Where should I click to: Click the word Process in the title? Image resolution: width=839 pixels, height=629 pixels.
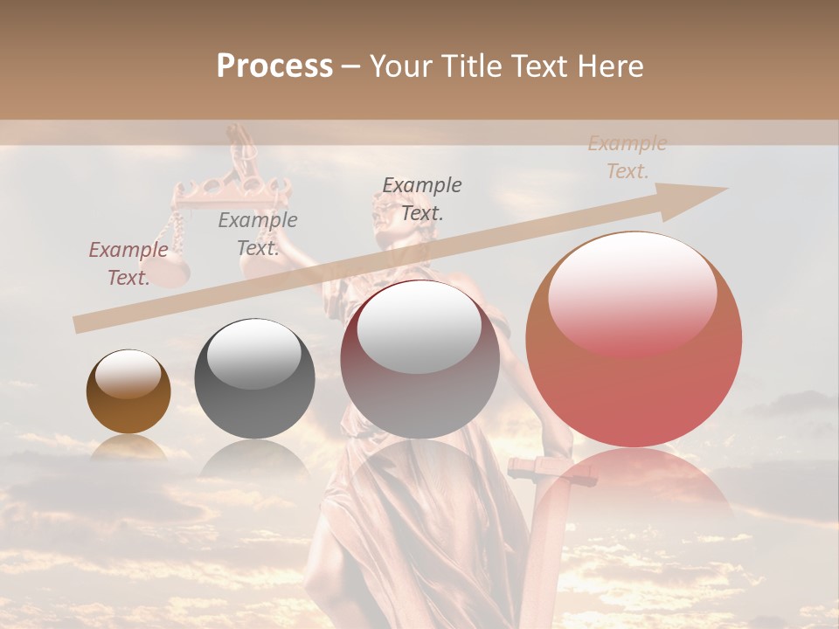[274, 66]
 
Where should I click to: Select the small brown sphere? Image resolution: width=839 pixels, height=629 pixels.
[128, 391]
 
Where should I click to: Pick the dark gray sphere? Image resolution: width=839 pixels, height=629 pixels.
[254, 378]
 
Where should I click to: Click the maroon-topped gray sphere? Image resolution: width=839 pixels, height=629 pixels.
[419, 360]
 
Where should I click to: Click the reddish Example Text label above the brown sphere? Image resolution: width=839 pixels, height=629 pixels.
[128, 264]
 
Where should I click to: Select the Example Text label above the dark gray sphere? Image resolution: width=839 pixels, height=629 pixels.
[258, 234]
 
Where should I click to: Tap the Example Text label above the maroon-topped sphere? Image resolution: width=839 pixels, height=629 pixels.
[422, 198]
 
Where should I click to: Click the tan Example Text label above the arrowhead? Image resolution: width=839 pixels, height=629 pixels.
[628, 157]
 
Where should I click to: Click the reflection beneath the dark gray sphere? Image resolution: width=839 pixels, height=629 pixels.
[254, 458]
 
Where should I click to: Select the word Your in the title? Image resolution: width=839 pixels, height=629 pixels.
[398, 66]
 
